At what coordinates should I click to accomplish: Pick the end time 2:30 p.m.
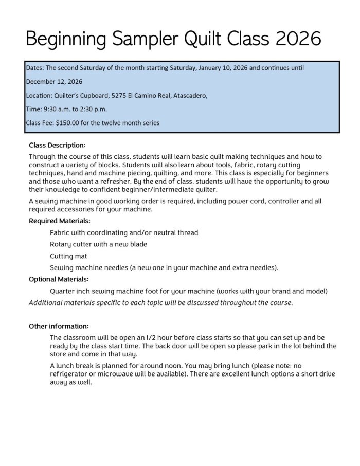pyautogui.click(x=96, y=109)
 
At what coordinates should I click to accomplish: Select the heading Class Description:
pyautogui.click(x=57, y=145)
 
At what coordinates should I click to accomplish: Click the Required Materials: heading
pyautogui.click(x=60, y=221)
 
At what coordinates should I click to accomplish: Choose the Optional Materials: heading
pyautogui.click(x=59, y=279)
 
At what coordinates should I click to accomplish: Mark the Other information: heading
pyautogui.click(x=59, y=326)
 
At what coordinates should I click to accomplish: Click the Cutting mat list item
pyautogui.click(x=68, y=256)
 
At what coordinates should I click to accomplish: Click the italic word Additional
pyautogui.click(x=48, y=302)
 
